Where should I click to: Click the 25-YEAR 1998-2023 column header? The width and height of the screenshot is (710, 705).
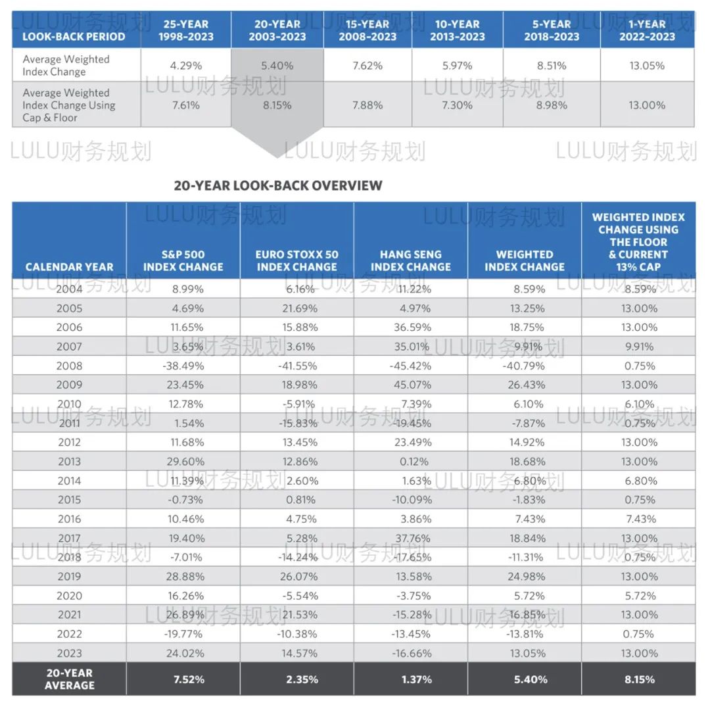pyautogui.click(x=185, y=30)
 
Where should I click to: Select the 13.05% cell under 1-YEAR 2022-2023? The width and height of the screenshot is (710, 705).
pyautogui.click(x=647, y=66)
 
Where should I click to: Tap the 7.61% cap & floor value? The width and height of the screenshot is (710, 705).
pyautogui.click(x=185, y=105)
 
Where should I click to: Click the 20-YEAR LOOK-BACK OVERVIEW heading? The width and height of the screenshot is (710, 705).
pyautogui.click(x=278, y=185)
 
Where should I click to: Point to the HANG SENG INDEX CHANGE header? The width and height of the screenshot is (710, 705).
pyautogui.click(x=411, y=260)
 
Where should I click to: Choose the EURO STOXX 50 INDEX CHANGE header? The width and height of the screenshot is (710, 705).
pyautogui.click(x=296, y=260)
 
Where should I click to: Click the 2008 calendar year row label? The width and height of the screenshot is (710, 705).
pyautogui.click(x=69, y=366)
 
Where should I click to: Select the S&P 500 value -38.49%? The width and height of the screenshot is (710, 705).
pyautogui.click(x=183, y=366)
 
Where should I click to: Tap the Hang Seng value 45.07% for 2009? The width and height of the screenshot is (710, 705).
pyautogui.click(x=412, y=385)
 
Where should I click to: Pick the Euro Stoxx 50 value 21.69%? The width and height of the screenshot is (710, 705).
pyautogui.click(x=300, y=308)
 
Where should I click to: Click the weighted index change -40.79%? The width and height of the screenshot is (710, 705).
pyautogui.click(x=523, y=366)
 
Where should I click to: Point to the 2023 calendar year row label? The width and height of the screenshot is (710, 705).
pyautogui.click(x=69, y=653)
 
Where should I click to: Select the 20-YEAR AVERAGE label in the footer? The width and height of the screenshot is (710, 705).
pyautogui.click(x=69, y=679)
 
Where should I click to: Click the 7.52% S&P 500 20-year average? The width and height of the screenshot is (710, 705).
pyautogui.click(x=189, y=679)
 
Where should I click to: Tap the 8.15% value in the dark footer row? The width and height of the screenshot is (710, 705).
pyautogui.click(x=640, y=679)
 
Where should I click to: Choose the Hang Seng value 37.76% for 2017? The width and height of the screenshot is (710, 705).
pyautogui.click(x=413, y=538)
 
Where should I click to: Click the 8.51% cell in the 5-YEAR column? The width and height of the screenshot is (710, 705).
pyautogui.click(x=552, y=66)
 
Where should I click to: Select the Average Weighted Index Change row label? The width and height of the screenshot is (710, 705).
pyautogui.click(x=66, y=65)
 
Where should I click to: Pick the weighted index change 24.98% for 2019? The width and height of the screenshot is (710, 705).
pyautogui.click(x=527, y=576)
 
